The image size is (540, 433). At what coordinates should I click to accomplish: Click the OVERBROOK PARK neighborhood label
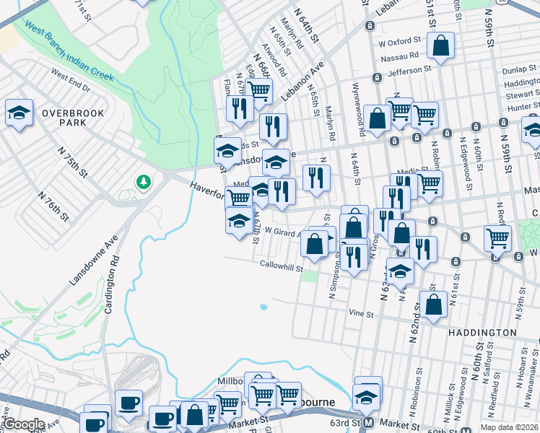coord(73,118)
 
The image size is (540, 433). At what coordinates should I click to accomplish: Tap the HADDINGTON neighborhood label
coord(482,333)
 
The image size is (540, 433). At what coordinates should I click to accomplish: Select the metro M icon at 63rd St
coord(368,423)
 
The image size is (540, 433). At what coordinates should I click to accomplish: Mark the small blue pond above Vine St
coord(264,307)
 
